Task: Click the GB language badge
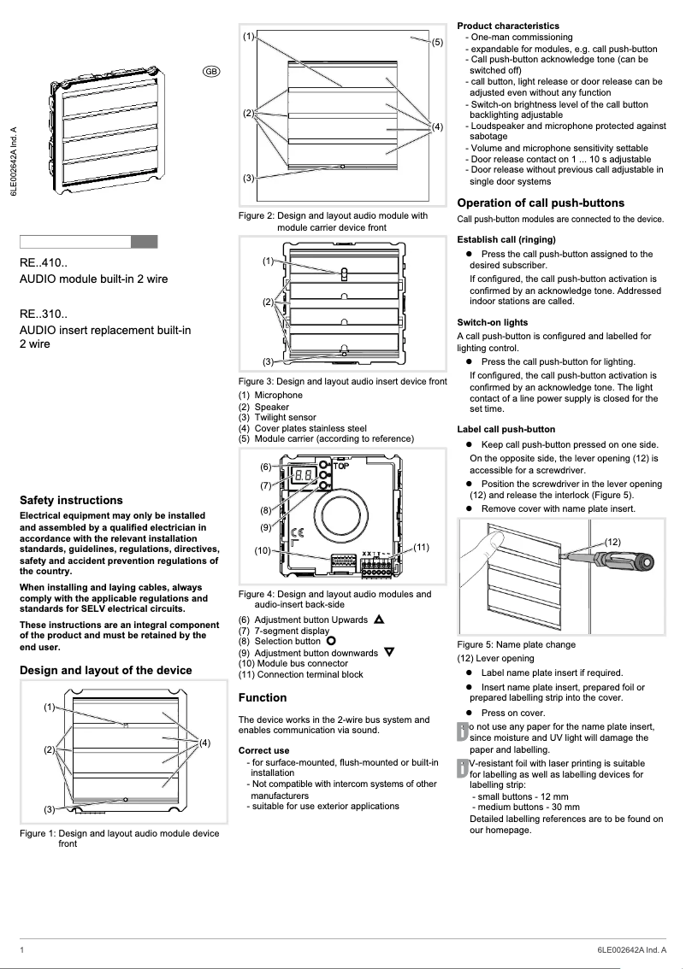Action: click(x=210, y=71)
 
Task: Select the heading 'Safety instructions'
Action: click(x=71, y=500)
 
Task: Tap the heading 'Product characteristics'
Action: click(x=508, y=26)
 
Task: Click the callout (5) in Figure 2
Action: click(x=436, y=42)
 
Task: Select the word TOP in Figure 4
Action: click(x=340, y=467)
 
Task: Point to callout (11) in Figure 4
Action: click(x=420, y=546)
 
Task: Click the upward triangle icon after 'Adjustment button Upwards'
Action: click(x=379, y=619)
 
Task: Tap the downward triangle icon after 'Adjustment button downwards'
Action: click(x=389, y=652)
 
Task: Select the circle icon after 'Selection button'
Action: click(x=331, y=641)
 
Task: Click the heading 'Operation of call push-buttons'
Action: click(x=541, y=203)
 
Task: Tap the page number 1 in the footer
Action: click(x=22, y=950)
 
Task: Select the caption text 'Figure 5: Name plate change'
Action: click(x=516, y=644)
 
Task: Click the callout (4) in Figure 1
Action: click(x=205, y=743)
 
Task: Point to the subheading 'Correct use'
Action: click(x=263, y=750)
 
